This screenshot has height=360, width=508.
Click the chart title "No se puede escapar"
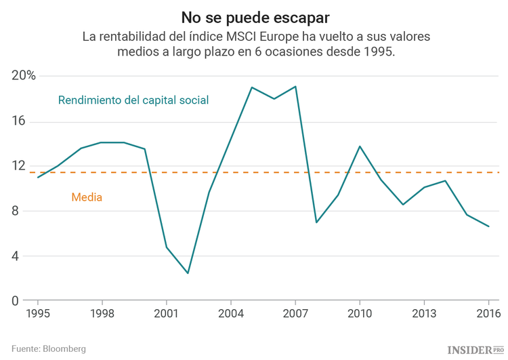coord(254,15)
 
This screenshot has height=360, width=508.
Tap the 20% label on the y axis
coord(24,76)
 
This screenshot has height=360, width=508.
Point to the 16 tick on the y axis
coord(18,121)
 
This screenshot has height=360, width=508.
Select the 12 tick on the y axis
coord(18,166)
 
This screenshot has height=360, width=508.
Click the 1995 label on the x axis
coord(38,314)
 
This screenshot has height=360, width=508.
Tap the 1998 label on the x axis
coord(102,314)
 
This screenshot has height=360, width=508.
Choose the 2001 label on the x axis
coord(167,314)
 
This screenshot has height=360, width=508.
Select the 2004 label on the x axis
coord(231,314)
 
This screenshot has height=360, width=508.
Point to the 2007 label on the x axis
coord(295,314)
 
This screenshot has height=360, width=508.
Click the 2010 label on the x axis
coord(360,314)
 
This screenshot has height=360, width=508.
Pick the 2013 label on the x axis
coord(424,314)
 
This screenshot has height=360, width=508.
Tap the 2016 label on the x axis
coord(488,314)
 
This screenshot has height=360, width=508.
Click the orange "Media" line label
coord(87,198)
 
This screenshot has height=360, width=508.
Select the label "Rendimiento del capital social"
coord(133,100)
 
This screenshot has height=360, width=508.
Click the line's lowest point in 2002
coord(188,273)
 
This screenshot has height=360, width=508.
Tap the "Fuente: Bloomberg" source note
coord(49,348)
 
